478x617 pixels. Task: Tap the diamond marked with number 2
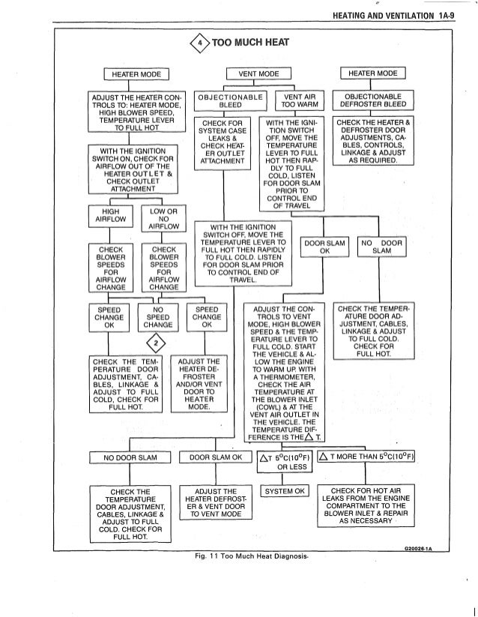tap(156, 344)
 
